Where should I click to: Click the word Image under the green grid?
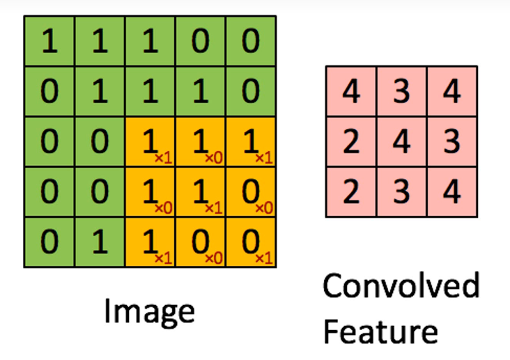[x=149, y=312]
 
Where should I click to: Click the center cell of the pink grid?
[x=401, y=142]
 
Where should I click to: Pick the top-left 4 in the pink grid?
[x=351, y=92]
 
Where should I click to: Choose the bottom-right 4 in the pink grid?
[x=452, y=191]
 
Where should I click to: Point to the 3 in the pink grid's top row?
[x=401, y=92]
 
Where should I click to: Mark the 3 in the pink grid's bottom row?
[x=401, y=191]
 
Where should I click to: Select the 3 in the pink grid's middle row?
[x=452, y=142]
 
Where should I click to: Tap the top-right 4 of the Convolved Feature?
[x=452, y=92]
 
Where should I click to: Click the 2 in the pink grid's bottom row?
[x=351, y=191]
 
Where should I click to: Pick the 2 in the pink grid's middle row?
[x=351, y=142]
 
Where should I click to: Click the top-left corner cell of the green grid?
[x=49, y=42]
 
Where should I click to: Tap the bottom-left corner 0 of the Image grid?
[x=49, y=242]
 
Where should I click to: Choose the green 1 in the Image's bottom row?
[x=100, y=242]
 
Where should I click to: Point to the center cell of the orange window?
[x=201, y=193]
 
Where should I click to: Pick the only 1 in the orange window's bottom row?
[x=150, y=242]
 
